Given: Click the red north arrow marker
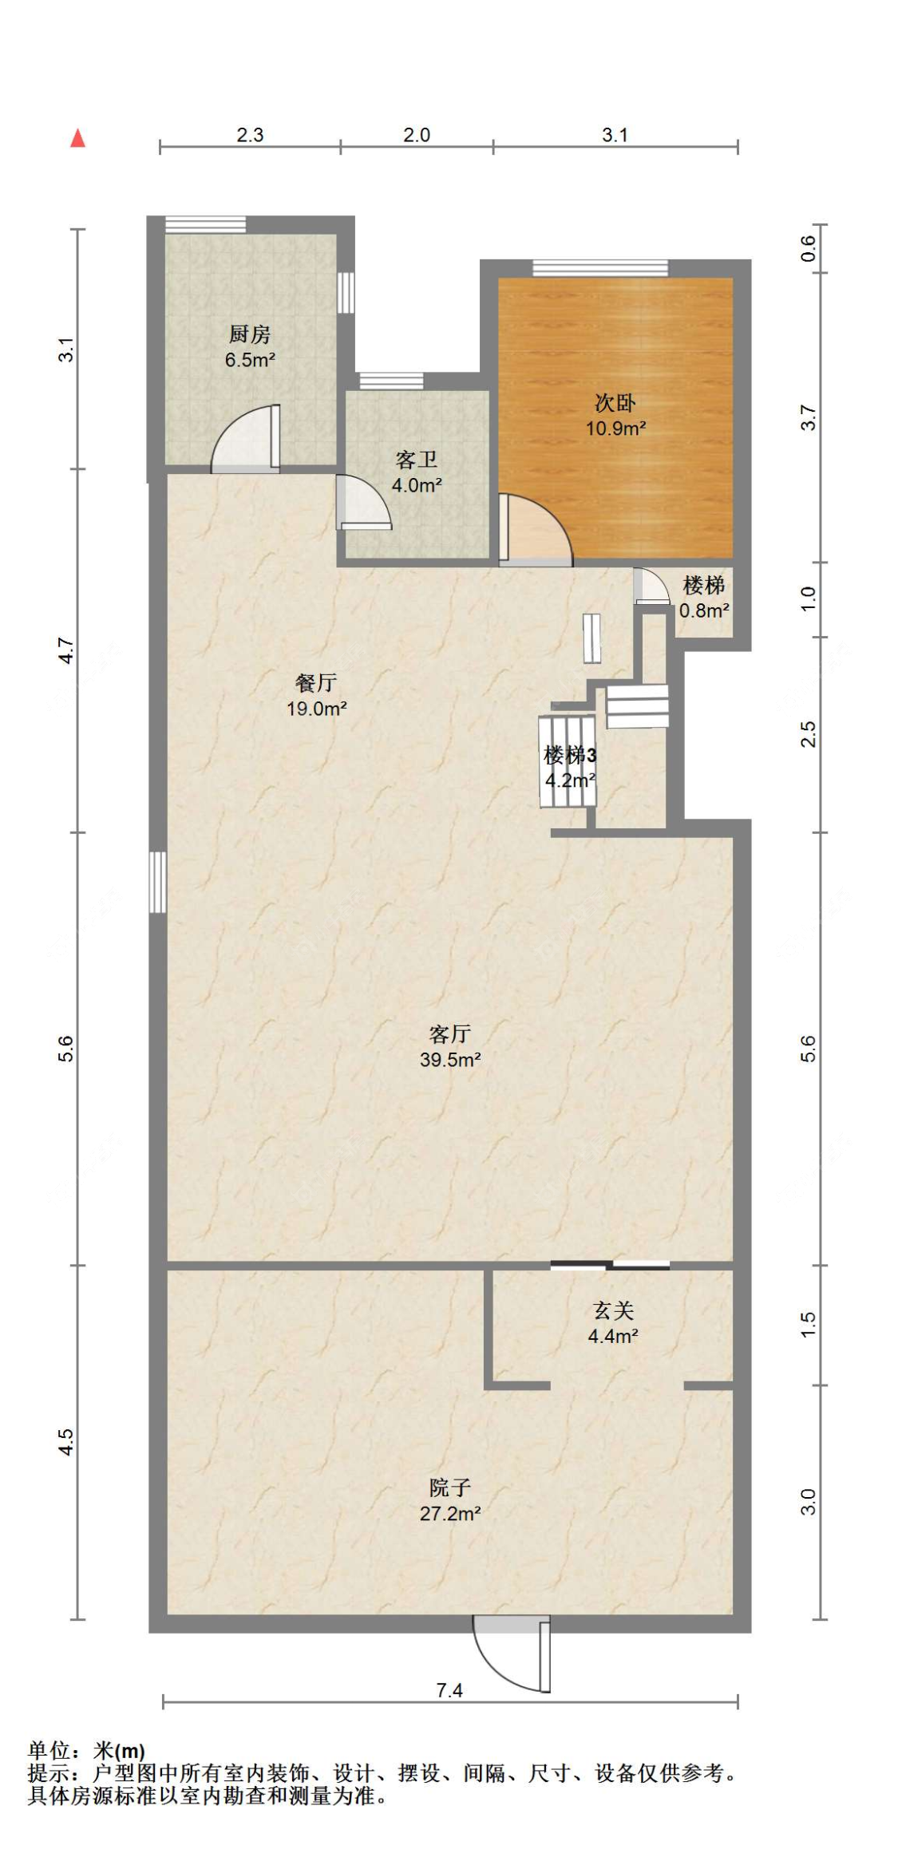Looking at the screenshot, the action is click(77, 138).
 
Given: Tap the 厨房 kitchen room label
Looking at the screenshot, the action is click(250, 334).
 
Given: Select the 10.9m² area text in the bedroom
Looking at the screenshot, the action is click(616, 429).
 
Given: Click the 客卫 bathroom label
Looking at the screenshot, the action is click(417, 460).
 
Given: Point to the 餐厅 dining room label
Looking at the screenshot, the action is click(316, 683).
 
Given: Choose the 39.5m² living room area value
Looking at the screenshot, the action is click(450, 1060).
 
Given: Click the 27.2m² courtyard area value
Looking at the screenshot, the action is click(450, 1513).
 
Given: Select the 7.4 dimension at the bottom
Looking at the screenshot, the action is click(449, 1690).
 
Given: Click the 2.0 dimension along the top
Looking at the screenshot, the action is click(417, 135).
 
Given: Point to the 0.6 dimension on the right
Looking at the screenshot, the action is click(808, 249).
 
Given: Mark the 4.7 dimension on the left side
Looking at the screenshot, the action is click(67, 650).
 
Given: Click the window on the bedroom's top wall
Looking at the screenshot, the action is click(600, 268).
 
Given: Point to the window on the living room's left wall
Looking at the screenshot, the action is click(158, 882).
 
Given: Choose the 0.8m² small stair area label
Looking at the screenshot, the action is click(704, 611).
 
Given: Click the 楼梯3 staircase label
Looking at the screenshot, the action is click(570, 755).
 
